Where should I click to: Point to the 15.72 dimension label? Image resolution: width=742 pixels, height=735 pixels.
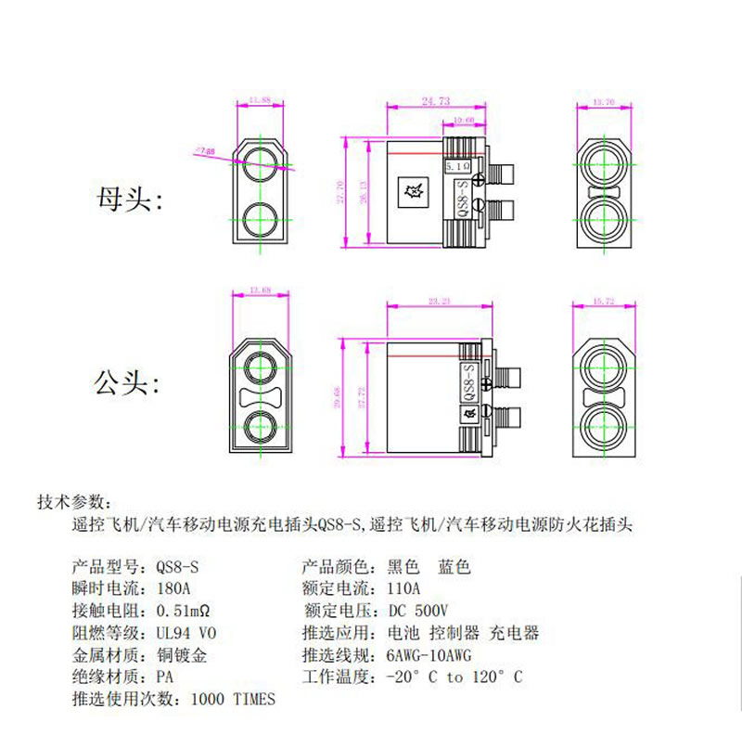point(603,302)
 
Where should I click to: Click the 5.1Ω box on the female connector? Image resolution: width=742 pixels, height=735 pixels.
point(458,164)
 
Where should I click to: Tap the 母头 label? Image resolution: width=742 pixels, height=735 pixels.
point(129,200)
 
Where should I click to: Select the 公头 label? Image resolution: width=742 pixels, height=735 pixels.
point(129,383)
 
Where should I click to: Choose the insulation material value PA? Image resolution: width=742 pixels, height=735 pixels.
point(165,677)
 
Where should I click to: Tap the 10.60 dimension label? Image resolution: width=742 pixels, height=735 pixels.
point(465,120)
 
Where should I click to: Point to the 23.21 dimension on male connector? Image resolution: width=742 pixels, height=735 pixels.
point(439,302)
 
